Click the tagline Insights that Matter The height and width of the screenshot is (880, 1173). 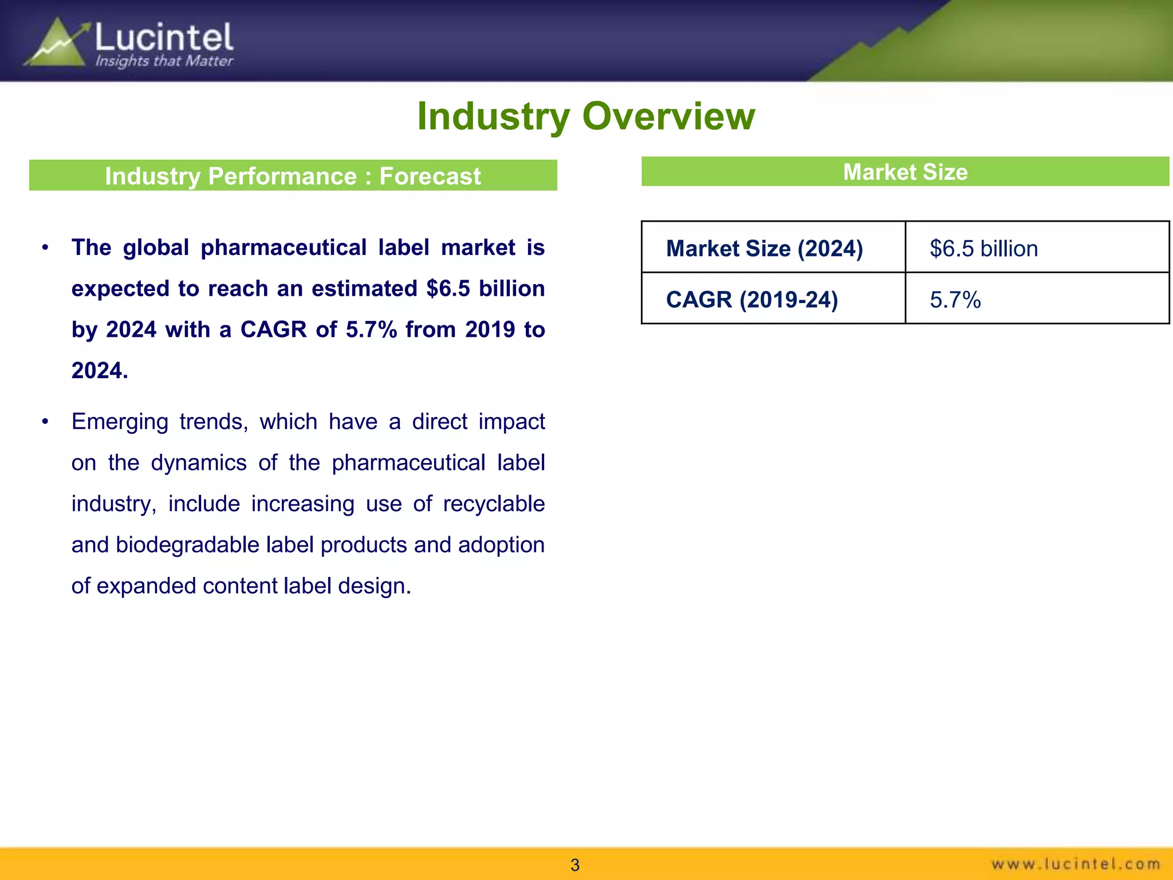(164, 61)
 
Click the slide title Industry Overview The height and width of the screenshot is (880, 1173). (586, 116)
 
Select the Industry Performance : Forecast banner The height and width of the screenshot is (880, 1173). (293, 175)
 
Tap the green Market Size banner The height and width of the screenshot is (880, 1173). (905, 172)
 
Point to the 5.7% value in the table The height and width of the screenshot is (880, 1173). (955, 300)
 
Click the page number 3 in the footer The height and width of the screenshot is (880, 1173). (575, 865)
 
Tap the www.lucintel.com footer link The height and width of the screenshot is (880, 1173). (1076, 864)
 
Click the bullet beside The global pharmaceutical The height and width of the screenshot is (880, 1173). (45, 248)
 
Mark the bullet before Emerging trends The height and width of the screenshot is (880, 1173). (45, 422)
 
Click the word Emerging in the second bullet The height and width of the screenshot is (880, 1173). (120, 422)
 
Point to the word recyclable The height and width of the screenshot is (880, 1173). (494, 504)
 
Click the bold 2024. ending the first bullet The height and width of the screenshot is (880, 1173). (100, 371)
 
